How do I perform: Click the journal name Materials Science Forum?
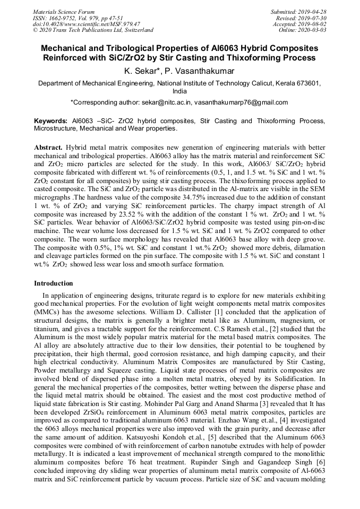tap(64, 12)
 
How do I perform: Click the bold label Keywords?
tap(51, 121)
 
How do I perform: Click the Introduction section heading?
tap(54, 283)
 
